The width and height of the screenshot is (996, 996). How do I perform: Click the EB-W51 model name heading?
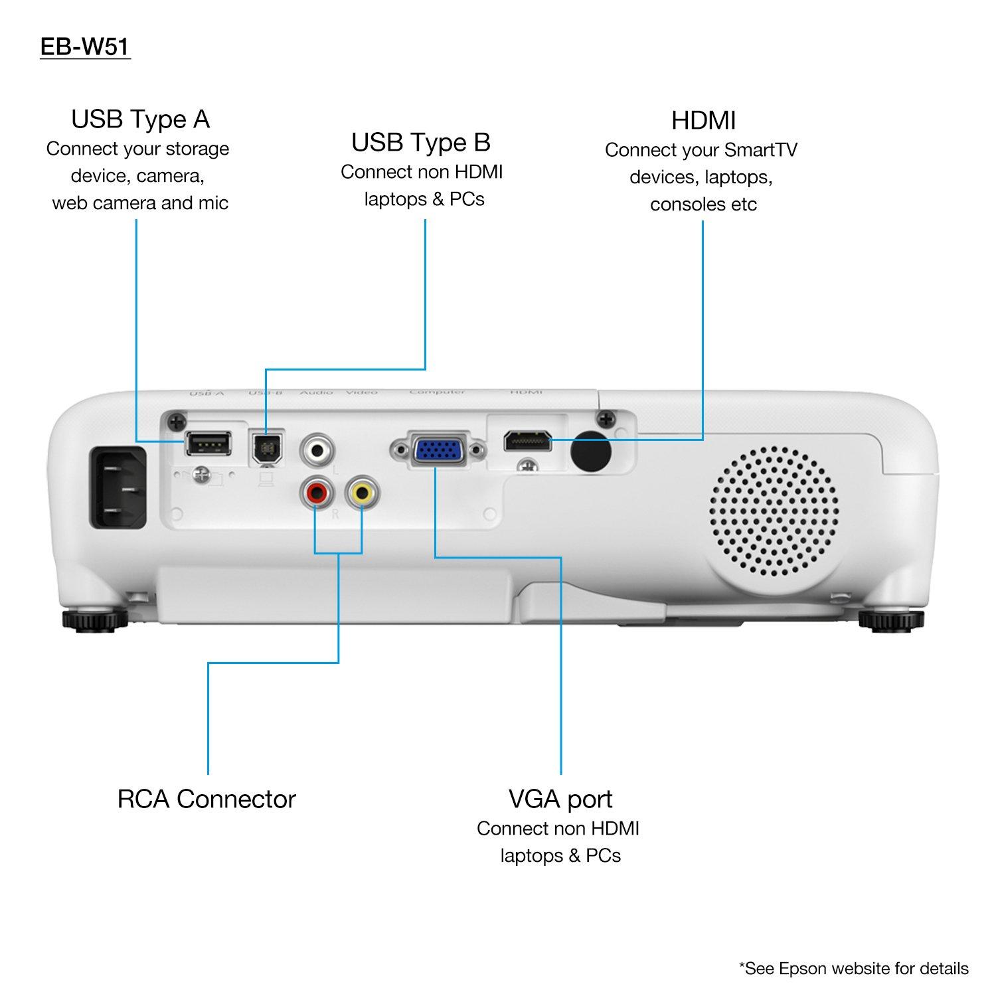[x=85, y=48]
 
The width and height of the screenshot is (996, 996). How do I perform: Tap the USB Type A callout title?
[x=140, y=120]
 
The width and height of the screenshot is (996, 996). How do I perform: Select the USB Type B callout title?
[x=421, y=142]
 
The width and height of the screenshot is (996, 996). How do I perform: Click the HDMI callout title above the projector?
[x=703, y=121]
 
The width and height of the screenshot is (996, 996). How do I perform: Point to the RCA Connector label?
[x=207, y=799]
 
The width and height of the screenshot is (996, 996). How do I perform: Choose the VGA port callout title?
[x=560, y=799]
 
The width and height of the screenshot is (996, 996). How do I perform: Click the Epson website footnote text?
[x=854, y=969]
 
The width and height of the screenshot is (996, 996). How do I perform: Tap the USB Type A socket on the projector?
[x=207, y=443]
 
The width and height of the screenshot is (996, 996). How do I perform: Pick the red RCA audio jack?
[x=315, y=493]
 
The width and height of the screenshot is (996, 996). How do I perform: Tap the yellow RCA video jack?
[x=362, y=493]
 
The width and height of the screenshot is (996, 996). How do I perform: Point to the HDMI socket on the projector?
[x=528, y=440]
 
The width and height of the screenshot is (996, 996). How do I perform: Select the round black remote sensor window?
[x=591, y=452]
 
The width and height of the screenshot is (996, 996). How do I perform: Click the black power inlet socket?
[x=119, y=488]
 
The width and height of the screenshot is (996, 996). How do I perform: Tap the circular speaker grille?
[x=774, y=511]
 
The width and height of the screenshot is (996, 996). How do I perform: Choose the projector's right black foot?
[x=890, y=620]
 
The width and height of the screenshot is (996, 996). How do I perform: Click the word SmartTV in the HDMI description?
[x=760, y=150]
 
